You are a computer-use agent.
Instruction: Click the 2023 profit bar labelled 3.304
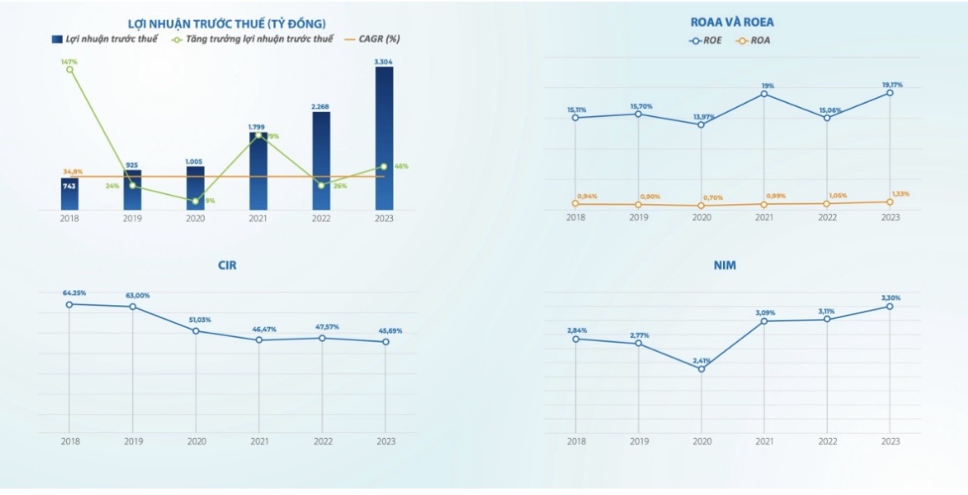click(x=384, y=138)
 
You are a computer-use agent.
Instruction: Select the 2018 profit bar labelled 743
click(x=69, y=194)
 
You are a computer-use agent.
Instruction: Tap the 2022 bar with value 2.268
click(x=321, y=161)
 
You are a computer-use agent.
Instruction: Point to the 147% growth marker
click(x=69, y=69)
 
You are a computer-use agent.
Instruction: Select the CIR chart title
click(x=227, y=265)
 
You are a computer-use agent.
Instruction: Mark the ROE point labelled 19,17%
click(x=890, y=93)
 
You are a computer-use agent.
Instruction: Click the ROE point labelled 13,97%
click(x=701, y=125)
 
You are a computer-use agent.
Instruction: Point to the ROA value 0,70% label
click(x=712, y=197)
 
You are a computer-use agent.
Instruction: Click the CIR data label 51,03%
click(x=196, y=319)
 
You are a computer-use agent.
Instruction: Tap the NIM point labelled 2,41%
click(x=701, y=369)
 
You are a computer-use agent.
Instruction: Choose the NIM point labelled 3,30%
click(x=890, y=306)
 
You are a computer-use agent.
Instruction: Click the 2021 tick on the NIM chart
click(x=764, y=441)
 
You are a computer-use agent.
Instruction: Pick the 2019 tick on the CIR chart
click(x=133, y=441)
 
